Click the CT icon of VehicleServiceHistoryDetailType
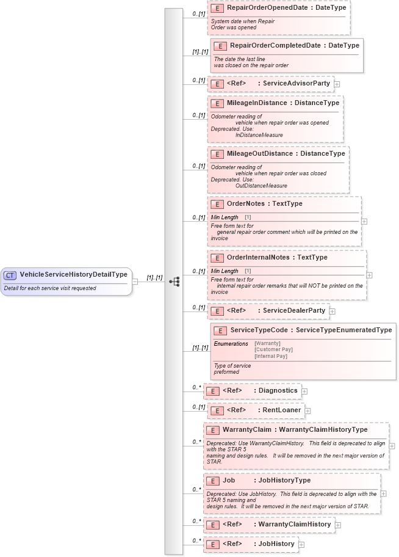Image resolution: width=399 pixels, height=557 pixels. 10,275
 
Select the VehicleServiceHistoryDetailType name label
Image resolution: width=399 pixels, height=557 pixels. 73,275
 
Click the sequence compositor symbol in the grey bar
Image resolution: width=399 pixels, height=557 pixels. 174,282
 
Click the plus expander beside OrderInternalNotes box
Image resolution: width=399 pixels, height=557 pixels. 369,275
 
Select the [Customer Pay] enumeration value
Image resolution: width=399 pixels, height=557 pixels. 273,350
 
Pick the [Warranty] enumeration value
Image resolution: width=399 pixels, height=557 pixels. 267,344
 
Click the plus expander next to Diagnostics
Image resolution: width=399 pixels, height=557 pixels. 304,391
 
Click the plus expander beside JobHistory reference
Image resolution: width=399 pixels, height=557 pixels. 301,544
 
